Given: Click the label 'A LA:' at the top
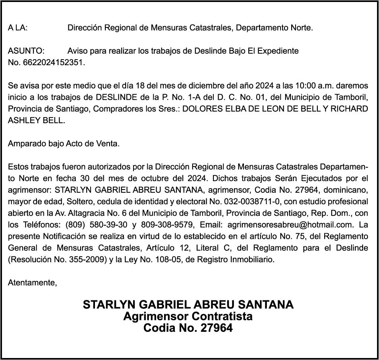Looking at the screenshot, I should (x=18, y=28).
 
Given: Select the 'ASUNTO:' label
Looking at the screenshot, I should (x=26, y=51).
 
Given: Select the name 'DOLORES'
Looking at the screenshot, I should (x=200, y=109).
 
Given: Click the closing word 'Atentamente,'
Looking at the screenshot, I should (x=33, y=283).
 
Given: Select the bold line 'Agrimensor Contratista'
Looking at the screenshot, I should (x=188, y=317).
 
